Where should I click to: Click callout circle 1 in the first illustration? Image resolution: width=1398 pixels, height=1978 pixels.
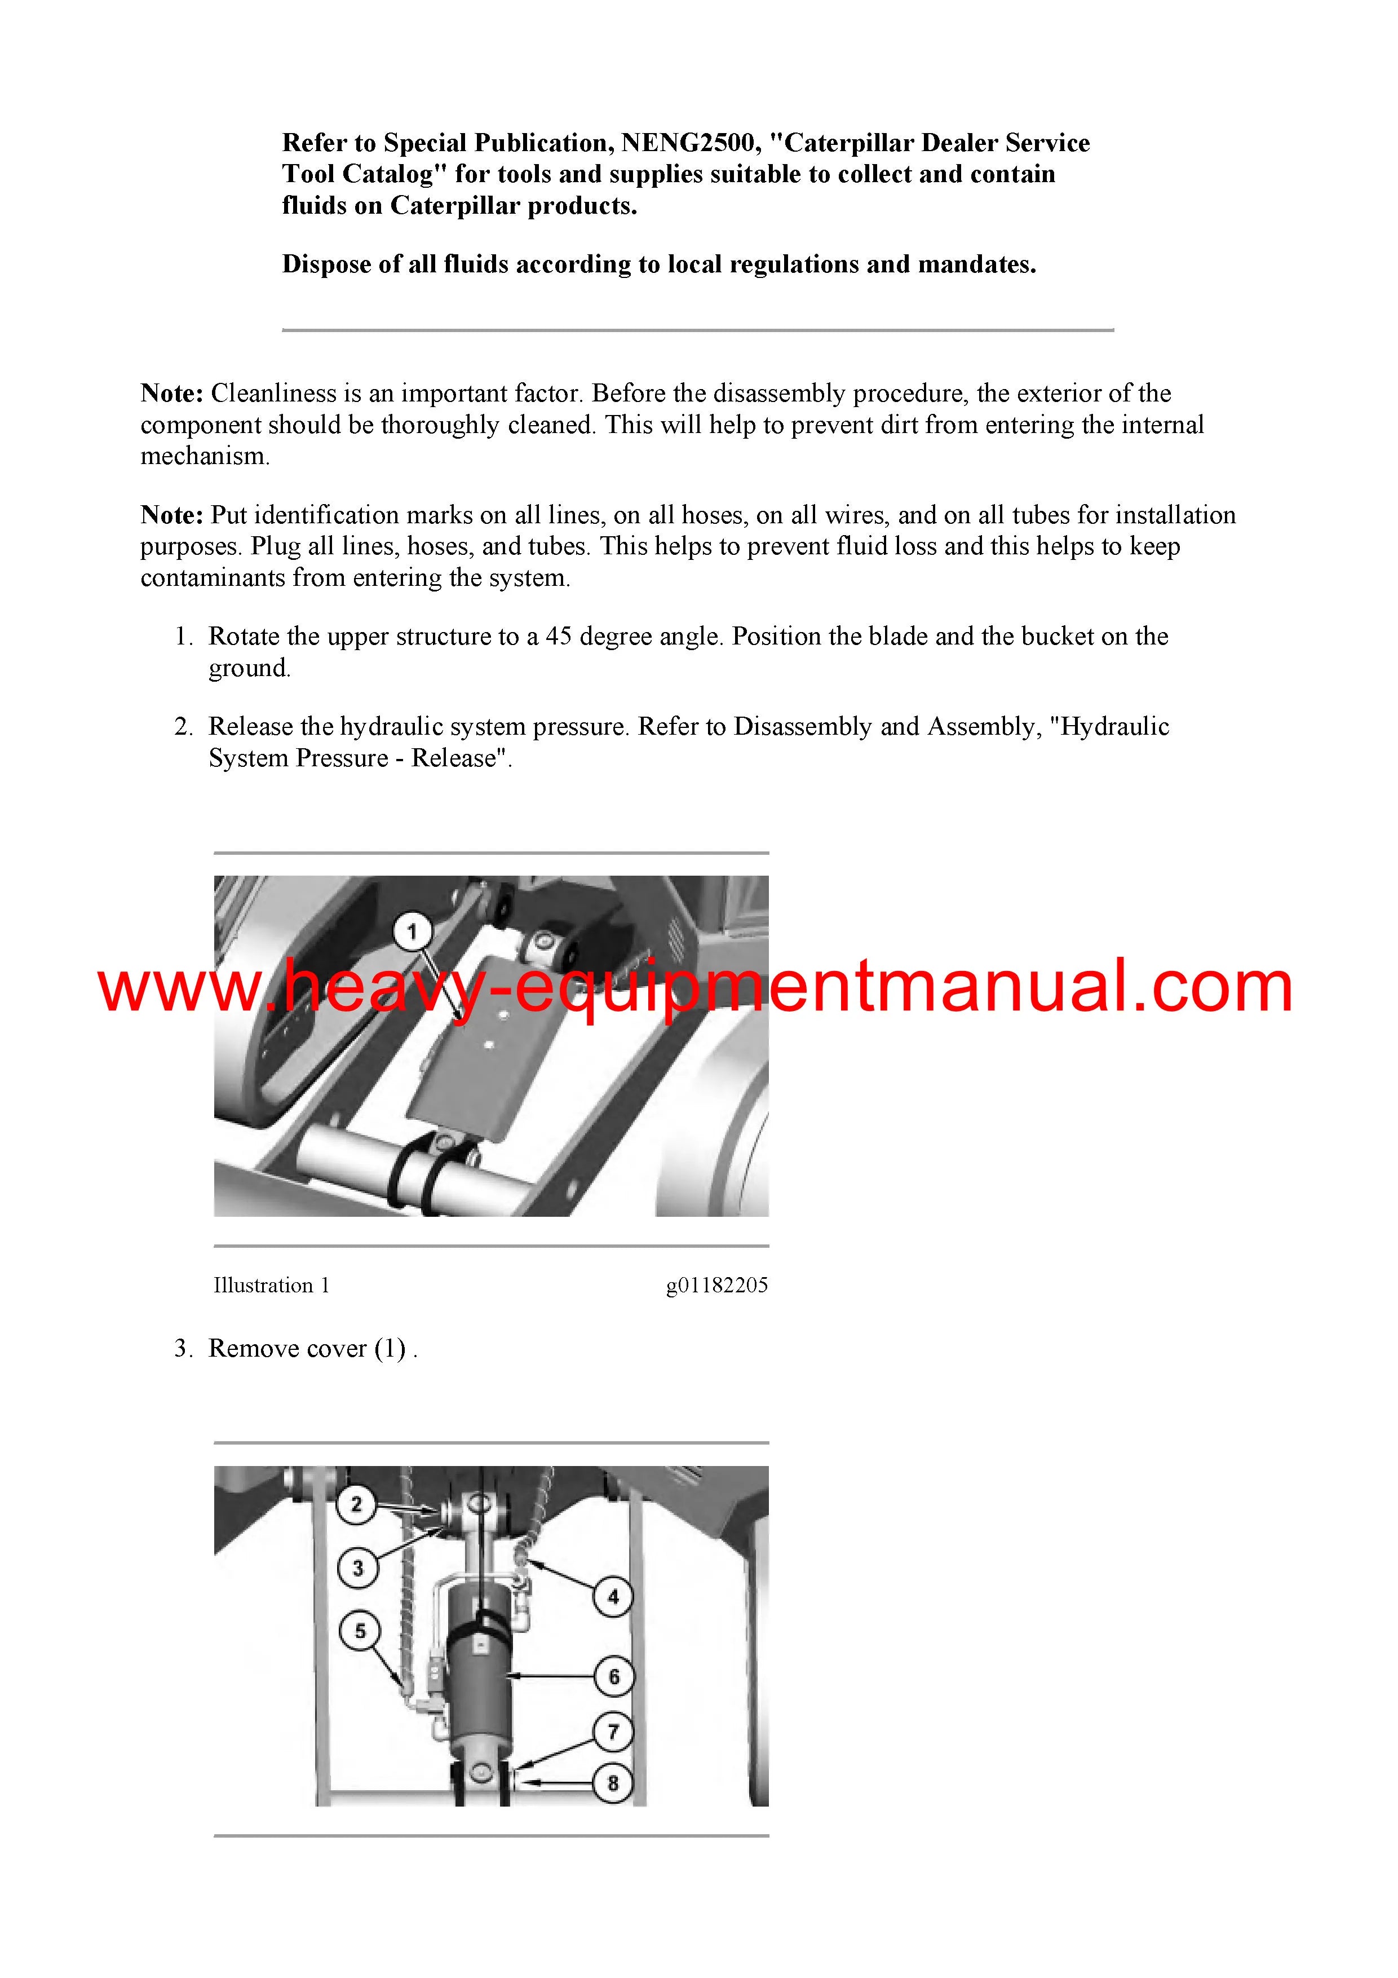coord(411,931)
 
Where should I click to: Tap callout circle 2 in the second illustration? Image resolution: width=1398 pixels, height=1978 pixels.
coord(357,1505)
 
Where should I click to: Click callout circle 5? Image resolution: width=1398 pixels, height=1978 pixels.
coord(360,1630)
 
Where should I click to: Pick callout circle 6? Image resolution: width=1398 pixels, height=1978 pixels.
coord(613,1676)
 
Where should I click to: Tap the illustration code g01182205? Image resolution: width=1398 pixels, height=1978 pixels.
coord(716,1286)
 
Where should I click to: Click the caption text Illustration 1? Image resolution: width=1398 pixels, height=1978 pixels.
coord(271,1286)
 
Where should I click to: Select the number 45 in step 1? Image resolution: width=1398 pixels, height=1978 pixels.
coord(559,637)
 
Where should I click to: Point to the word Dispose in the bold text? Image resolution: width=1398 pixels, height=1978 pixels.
coord(328,264)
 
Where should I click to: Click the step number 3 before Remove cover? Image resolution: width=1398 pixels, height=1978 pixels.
coord(183,1348)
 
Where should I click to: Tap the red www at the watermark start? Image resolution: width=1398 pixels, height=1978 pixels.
coord(181,990)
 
